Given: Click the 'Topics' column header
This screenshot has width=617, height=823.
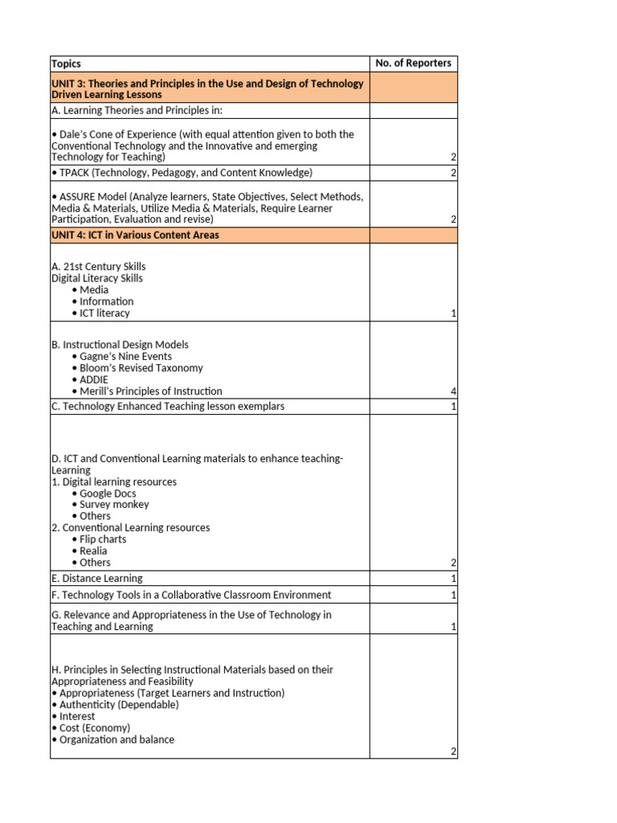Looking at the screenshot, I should pos(66,63).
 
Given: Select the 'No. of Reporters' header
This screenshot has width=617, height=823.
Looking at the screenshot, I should pos(413,63).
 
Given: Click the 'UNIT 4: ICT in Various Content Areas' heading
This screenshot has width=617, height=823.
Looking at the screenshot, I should pos(135,235).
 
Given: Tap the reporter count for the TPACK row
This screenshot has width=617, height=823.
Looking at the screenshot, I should pos(453,173).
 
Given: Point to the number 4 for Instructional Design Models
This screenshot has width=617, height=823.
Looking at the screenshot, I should pos(453,391).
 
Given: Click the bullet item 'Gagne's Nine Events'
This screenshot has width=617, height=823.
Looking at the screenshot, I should pos(125,356).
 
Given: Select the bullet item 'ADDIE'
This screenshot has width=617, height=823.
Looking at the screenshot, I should pos(94,379).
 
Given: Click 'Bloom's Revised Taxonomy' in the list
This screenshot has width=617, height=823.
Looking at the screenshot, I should pos(141,368).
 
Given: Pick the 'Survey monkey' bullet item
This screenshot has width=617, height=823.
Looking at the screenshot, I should pos(114,505).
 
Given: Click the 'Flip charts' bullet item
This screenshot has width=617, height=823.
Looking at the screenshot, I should pos(103,539).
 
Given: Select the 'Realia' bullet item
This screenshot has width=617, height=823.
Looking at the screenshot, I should pos(93,551).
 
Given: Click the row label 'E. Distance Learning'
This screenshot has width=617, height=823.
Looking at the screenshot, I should pos(96,579).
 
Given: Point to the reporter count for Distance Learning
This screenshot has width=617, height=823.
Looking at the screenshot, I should pos(453,579).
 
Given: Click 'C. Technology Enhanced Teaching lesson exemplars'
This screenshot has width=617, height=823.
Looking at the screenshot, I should pos(167,407).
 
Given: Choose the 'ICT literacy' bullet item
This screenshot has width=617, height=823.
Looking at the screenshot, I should pos(104,313).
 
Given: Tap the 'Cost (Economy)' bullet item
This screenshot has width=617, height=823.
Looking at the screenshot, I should pos(93,728).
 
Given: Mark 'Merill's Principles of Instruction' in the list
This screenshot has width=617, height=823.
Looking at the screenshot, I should pos(151,391).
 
